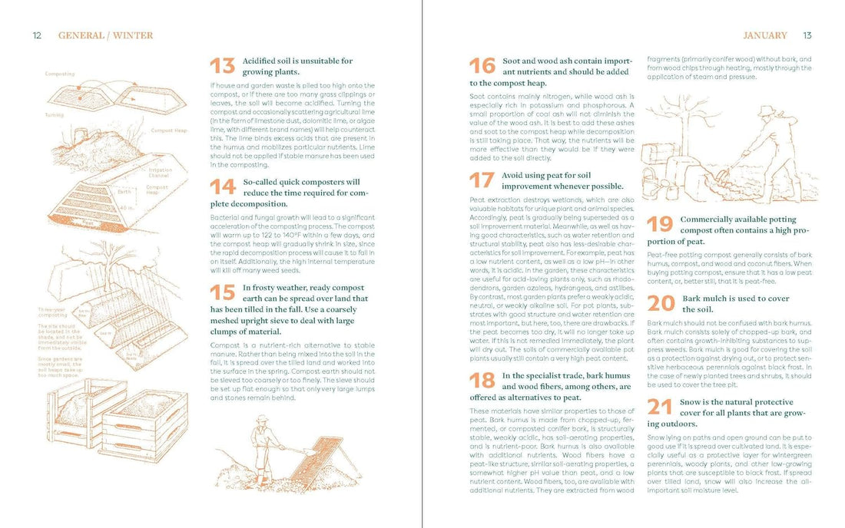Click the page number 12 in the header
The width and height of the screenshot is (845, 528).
(x=37, y=35)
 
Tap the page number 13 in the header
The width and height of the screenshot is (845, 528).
(x=807, y=35)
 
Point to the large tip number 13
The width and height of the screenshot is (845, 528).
(x=223, y=66)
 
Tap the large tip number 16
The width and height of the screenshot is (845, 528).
(x=482, y=66)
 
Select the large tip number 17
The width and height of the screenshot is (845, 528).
(x=482, y=180)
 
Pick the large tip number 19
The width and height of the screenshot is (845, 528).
(x=660, y=224)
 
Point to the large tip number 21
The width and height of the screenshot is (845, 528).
(x=660, y=407)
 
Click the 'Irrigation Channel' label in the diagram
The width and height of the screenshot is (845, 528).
(x=160, y=173)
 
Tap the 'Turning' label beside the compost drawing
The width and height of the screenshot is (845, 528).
(x=54, y=115)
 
